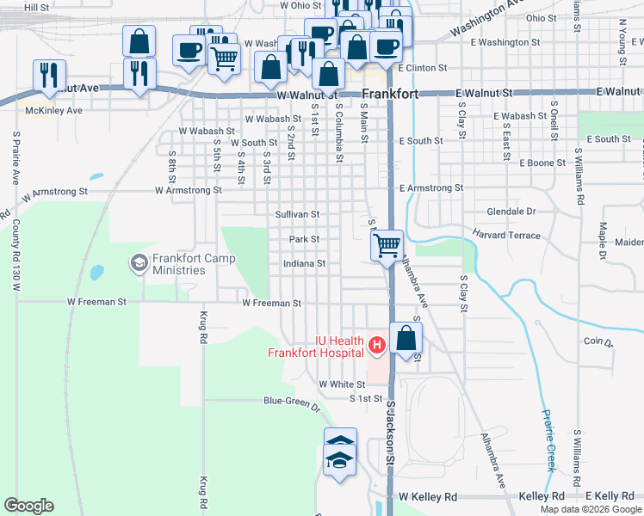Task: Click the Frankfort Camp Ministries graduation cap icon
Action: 138,261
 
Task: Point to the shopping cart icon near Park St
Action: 387,245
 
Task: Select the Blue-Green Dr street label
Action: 291,401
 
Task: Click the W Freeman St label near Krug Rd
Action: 97,303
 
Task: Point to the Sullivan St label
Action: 297,214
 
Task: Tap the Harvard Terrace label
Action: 505,235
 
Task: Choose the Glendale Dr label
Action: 511,212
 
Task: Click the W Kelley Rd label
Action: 429,497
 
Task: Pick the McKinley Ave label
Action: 53,110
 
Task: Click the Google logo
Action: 29,506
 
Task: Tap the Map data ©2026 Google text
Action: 590,509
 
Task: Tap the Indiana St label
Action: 304,264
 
